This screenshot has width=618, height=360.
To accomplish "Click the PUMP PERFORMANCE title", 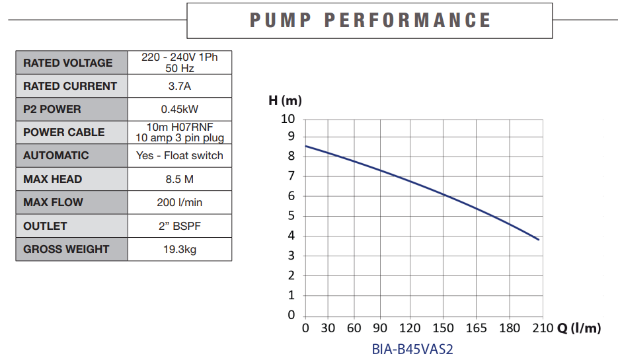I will click(x=370, y=20).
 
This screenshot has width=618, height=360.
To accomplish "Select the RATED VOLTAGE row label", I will click(x=68, y=63).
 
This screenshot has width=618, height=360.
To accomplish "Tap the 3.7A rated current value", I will click(x=180, y=86).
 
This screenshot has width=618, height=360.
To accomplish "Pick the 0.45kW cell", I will click(x=180, y=109).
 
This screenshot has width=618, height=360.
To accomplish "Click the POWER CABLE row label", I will click(x=64, y=132).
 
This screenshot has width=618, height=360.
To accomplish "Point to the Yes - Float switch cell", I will click(x=180, y=156).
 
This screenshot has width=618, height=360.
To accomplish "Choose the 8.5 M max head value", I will click(x=180, y=179).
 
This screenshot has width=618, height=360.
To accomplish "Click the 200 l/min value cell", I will click(x=180, y=202).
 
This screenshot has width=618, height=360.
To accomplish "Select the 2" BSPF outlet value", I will click(x=180, y=226).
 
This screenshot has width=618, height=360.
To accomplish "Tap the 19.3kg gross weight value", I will click(x=180, y=249).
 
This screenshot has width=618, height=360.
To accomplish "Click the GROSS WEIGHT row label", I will click(x=66, y=249).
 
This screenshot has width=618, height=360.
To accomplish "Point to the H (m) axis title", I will click(x=285, y=101).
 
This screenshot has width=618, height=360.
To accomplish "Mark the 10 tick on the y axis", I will click(x=288, y=120).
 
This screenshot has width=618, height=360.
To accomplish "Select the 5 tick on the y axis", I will click(x=290, y=216).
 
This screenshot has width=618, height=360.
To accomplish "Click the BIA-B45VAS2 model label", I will click(x=412, y=349).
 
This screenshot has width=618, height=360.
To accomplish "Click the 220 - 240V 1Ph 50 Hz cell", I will click(x=180, y=63).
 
